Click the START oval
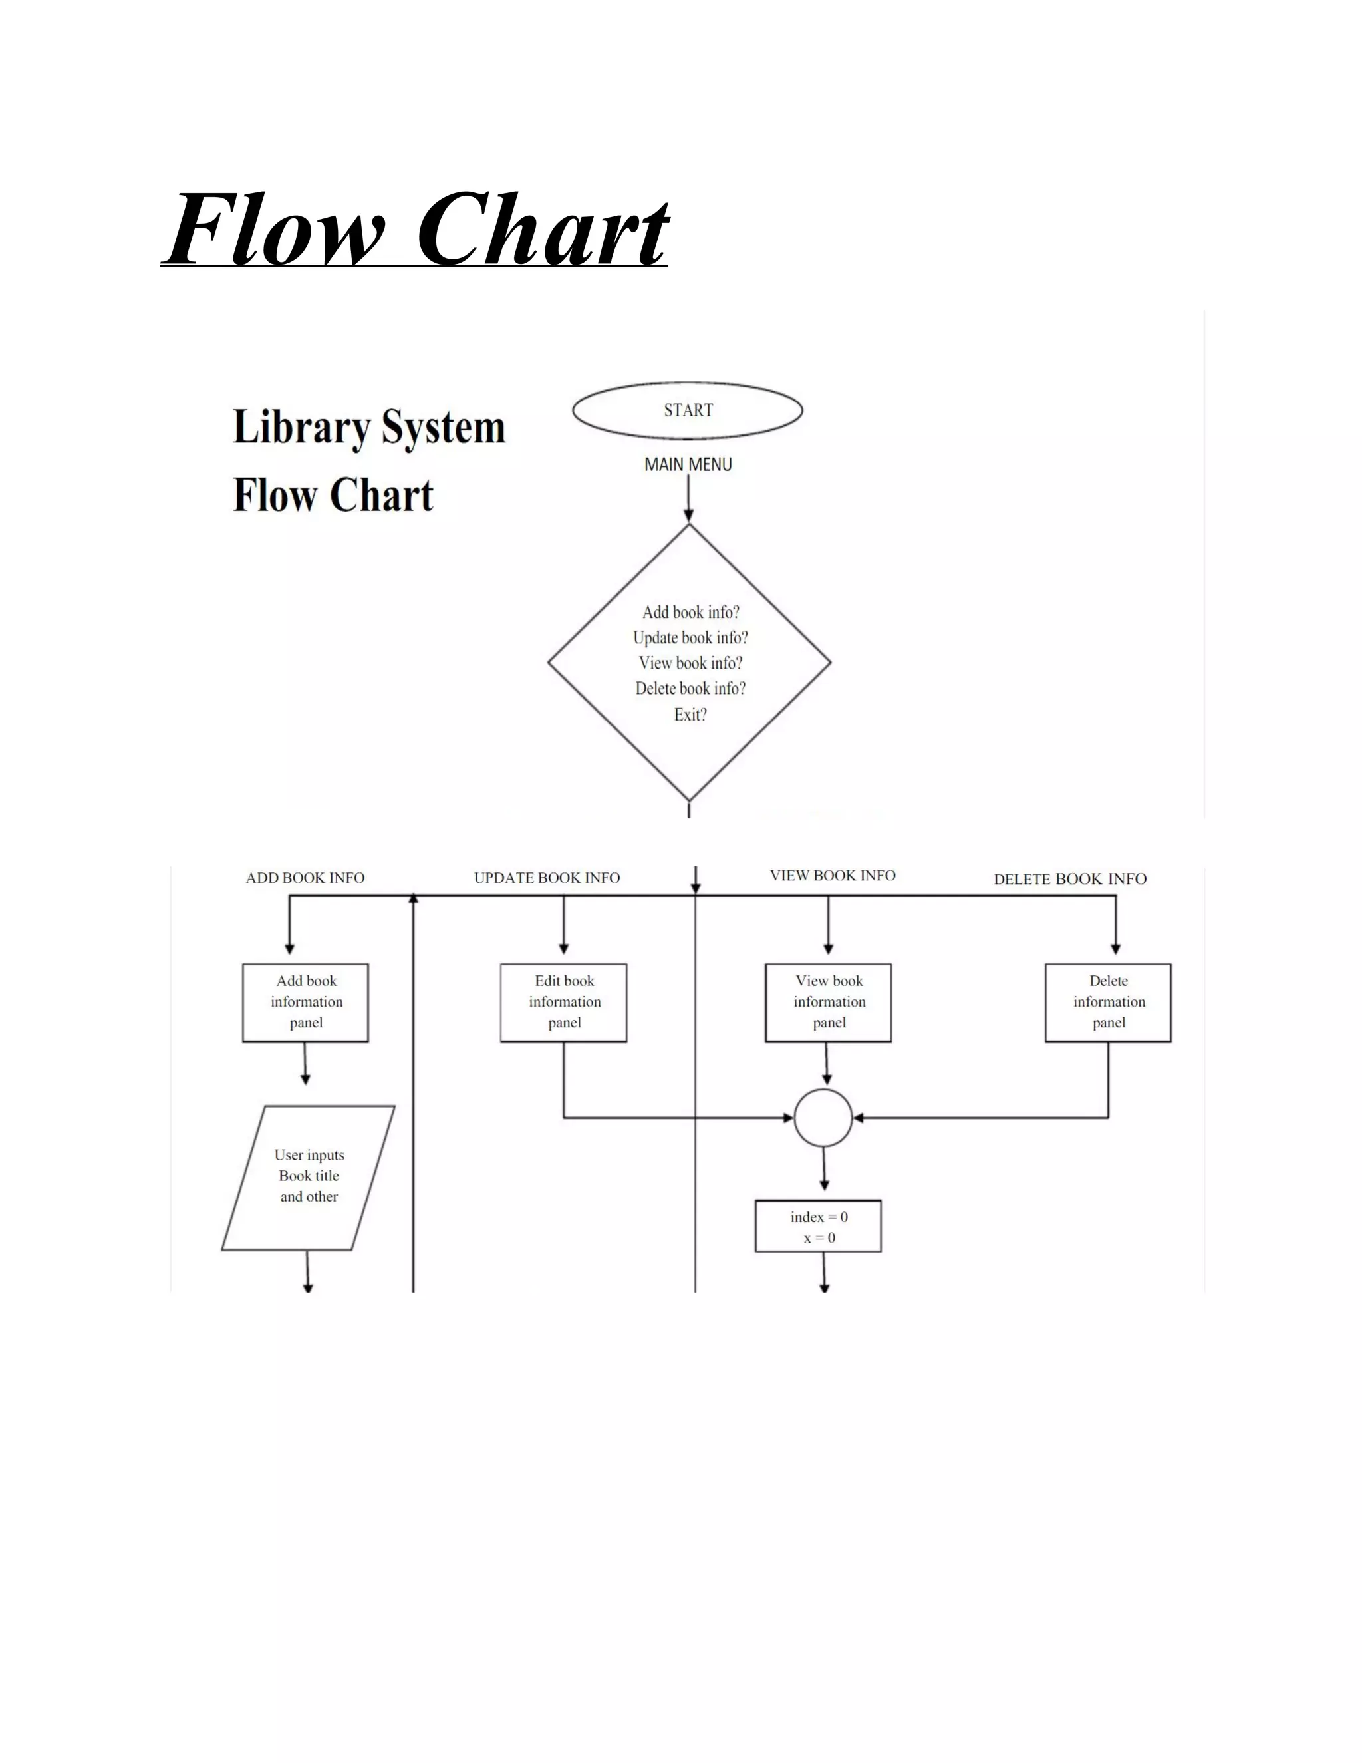pos(688,410)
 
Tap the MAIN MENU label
pos(688,464)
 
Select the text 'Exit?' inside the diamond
pos(690,715)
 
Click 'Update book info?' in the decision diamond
pos(690,638)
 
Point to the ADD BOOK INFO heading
pos(305,878)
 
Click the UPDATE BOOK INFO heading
pos(546,878)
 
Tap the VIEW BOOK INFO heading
pos(832,875)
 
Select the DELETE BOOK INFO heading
pos(1069,879)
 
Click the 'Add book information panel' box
pos(306,1002)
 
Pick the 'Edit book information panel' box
pos(564,1002)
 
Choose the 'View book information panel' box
pos(829,1002)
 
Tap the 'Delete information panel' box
pos(1108,1002)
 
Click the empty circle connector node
pos(823,1118)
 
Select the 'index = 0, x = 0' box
pos(818,1227)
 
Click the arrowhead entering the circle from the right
pos(859,1118)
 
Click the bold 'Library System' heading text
pos(368,427)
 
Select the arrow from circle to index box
pos(824,1169)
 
